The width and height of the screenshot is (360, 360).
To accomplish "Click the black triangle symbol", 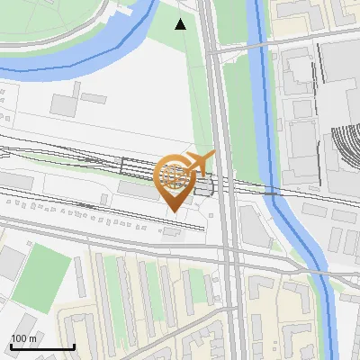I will pos(181,24).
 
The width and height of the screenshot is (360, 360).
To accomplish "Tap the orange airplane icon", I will pos(199,162).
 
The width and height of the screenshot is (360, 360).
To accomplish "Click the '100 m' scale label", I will pos(24,338).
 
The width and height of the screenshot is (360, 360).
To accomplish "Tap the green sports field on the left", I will pos(40,271).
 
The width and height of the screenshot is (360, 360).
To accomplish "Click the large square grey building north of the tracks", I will pos(63,103).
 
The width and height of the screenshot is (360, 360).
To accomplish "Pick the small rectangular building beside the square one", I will pos(93,97).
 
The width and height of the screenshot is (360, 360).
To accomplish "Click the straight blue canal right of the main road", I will pos(262,108).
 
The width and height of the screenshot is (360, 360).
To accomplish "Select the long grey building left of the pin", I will pos(136,190).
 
